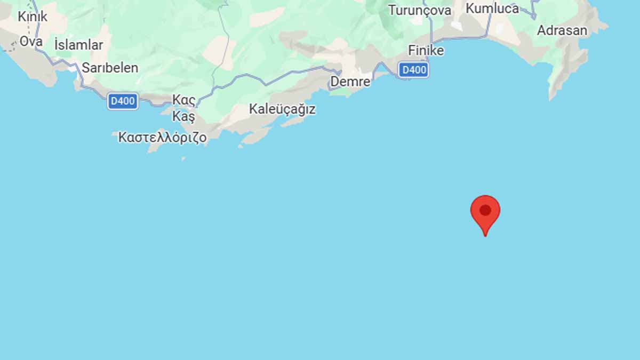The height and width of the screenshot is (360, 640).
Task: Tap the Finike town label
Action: (x=426, y=50)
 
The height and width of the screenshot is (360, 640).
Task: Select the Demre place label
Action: (x=350, y=82)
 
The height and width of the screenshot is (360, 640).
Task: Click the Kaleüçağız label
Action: (x=282, y=109)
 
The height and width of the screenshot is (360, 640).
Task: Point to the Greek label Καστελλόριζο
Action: (x=162, y=137)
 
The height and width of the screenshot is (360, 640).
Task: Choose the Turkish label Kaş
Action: (x=184, y=116)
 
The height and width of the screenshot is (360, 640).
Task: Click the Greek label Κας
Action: (x=183, y=100)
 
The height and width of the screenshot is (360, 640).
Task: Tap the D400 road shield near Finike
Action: (x=414, y=69)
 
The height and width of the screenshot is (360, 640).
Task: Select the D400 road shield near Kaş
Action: (x=123, y=101)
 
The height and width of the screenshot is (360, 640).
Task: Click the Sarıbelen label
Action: (x=110, y=68)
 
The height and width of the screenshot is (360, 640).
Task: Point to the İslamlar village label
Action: (x=78, y=45)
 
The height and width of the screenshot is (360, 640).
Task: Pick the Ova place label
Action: (x=31, y=41)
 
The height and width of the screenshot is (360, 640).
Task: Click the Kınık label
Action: (x=33, y=17)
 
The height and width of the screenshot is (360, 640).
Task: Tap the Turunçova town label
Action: (x=420, y=10)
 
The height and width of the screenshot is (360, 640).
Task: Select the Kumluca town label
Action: (x=492, y=9)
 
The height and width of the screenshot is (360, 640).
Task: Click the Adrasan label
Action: (x=562, y=30)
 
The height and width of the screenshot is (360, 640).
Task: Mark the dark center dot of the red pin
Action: (x=485, y=210)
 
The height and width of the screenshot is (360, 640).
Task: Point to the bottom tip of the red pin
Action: (x=485, y=235)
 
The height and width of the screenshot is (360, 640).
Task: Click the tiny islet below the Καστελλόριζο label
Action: (x=183, y=158)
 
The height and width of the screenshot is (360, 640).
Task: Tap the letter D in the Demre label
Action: (x=334, y=82)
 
